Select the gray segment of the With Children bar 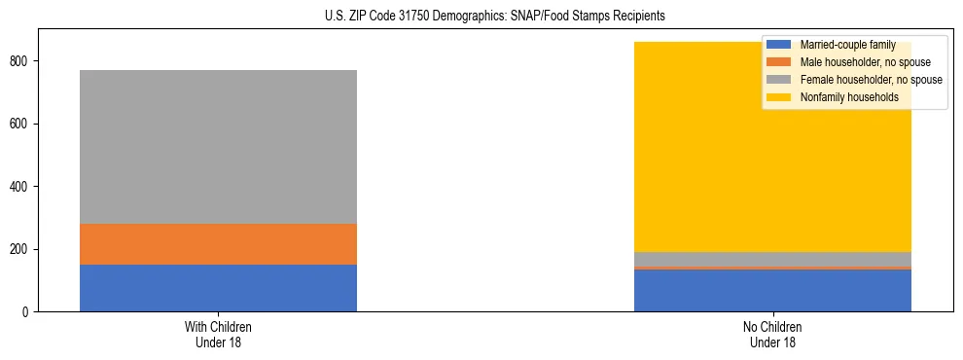tap(218, 147)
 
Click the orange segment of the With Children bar tap(218, 244)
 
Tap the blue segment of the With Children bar tap(218, 288)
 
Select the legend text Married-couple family tap(847, 45)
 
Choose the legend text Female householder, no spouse tap(871, 80)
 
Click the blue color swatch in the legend tap(779, 45)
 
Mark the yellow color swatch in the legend tap(779, 97)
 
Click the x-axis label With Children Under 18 tap(218, 335)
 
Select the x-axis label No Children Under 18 tap(772, 335)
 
